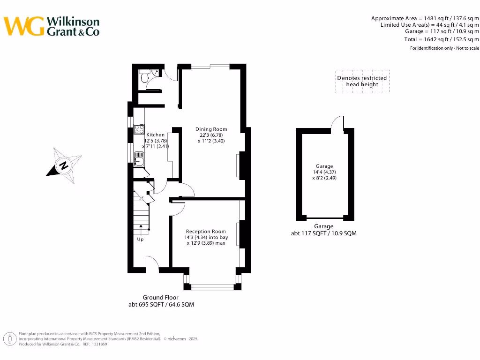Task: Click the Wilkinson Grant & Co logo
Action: [x=52, y=26]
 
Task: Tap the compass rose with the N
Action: [x=64, y=165]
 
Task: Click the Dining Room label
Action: [x=211, y=129]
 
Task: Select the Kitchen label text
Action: [x=155, y=135]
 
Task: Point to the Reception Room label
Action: [x=206, y=232]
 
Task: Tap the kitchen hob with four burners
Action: [x=139, y=129]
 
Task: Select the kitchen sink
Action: [x=139, y=158]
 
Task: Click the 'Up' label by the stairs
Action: [x=140, y=240]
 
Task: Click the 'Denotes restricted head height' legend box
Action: [x=362, y=82]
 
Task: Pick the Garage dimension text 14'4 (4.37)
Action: [x=324, y=172]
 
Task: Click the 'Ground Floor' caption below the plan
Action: [x=160, y=297]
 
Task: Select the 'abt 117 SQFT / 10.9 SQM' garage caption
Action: [x=323, y=233]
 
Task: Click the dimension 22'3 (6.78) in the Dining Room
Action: [x=211, y=135]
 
